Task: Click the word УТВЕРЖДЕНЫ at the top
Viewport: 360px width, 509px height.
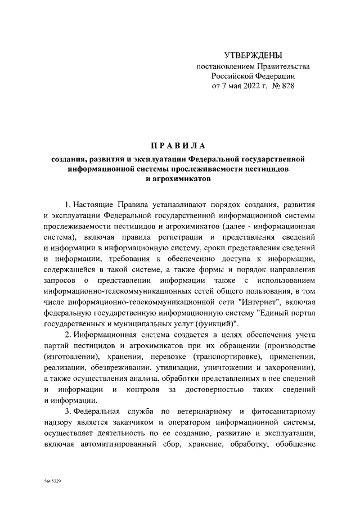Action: (253, 55)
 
